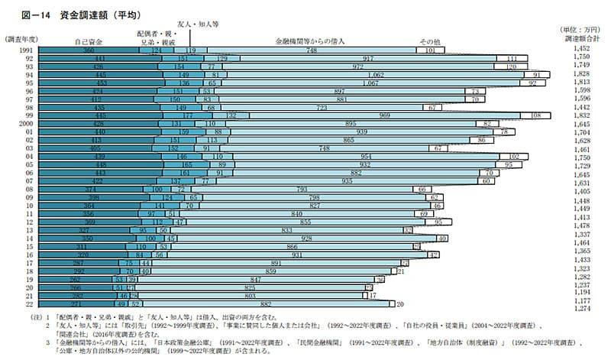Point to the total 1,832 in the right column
tap(581, 115)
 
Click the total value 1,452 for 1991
tap(581, 50)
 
